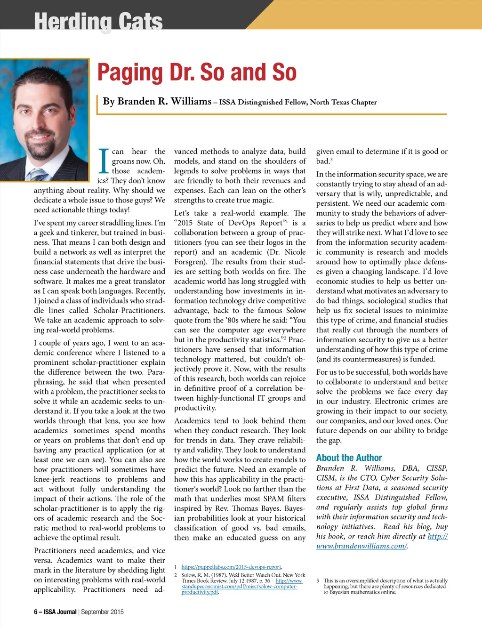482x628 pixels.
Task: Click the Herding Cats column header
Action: (98, 21)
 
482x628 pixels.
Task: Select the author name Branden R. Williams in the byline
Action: (157, 101)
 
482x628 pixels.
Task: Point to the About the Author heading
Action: (349, 458)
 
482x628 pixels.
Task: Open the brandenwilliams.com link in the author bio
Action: (361, 546)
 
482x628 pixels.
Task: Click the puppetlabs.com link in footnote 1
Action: (231, 567)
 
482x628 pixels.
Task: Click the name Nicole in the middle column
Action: (295, 252)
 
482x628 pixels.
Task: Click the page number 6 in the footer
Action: (36, 612)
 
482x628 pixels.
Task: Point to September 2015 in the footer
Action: (102, 612)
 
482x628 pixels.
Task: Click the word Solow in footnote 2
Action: (189, 575)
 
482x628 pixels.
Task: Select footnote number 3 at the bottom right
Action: (318, 580)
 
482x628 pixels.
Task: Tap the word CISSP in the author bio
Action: (437, 468)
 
